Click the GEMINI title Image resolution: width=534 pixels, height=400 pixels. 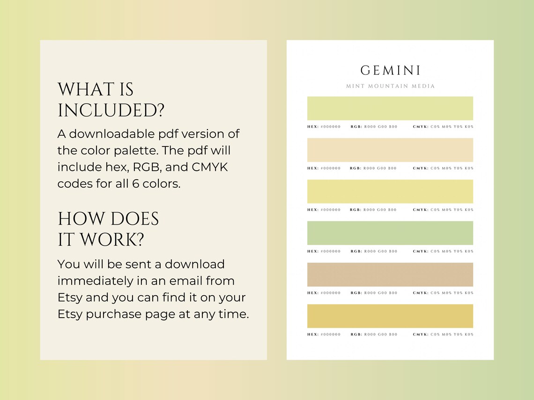pyautogui.click(x=390, y=71)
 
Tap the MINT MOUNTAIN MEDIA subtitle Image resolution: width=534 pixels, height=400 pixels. pyautogui.click(x=390, y=86)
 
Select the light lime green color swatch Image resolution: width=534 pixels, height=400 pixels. pyautogui.click(x=390, y=109)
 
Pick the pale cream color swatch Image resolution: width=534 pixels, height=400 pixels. pyautogui.click(x=390, y=150)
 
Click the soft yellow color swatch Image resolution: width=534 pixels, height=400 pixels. pyautogui.click(x=390, y=191)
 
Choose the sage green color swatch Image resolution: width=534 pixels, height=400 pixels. pyautogui.click(x=390, y=233)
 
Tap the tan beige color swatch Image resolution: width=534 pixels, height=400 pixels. pyautogui.click(x=390, y=275)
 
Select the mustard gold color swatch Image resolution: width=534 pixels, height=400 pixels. pyautogui.click(x=390, y=316)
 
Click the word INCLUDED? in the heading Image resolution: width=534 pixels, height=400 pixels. pyautogui.click(x=111, y=111)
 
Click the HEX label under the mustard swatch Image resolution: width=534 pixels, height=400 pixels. pyautogui.click(x=313, y=335)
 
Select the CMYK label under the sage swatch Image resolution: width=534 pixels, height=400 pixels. pyautogui.click(x=420, y=252)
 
